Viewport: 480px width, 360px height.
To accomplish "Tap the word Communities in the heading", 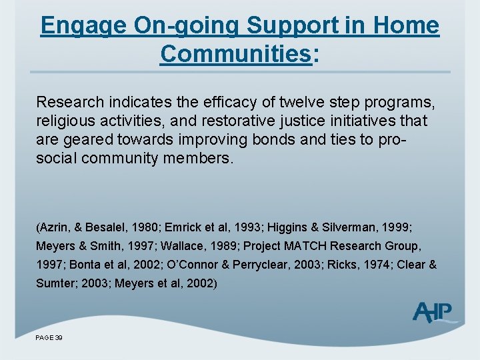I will pyautogui.click(x=235, y=54).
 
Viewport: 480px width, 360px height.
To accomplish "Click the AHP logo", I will pyautogui.click(x=433, y=312).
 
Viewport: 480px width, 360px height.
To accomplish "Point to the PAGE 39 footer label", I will pyautogui.click(x=49, y=338).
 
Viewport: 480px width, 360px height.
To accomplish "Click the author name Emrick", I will pyautogui.click(x=189, y=227).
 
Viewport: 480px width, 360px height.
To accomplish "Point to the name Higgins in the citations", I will pyautogui.click(x=287, y=227).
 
